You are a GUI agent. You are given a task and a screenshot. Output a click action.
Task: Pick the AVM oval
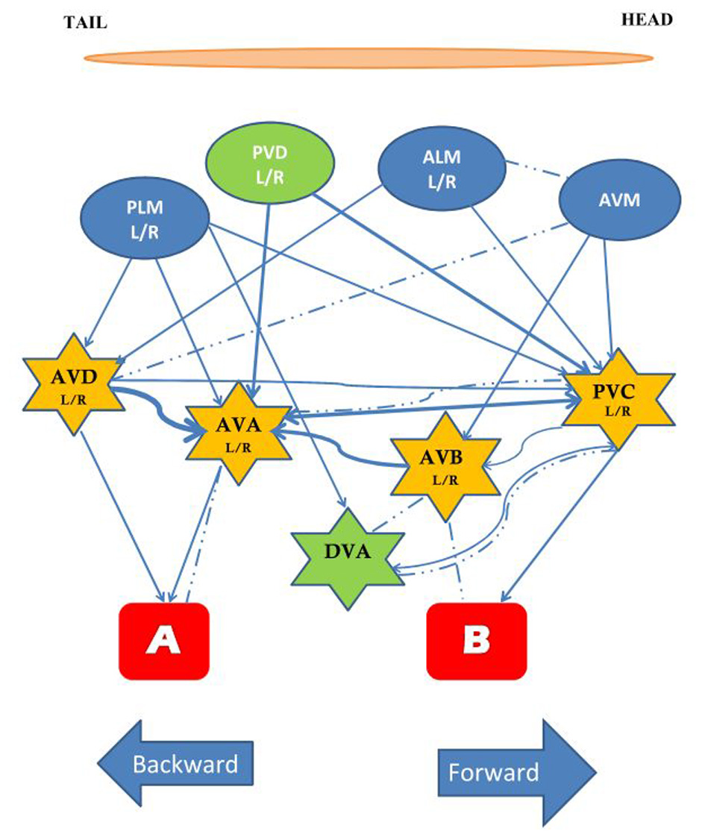point(619,201)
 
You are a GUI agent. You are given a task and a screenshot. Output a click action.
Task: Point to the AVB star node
point(445,467)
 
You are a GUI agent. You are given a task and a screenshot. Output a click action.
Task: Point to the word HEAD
point(646,20)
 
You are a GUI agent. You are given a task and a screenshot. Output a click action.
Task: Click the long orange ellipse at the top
point(369,57)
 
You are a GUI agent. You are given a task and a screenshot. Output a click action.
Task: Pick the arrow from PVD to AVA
point(261,298)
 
